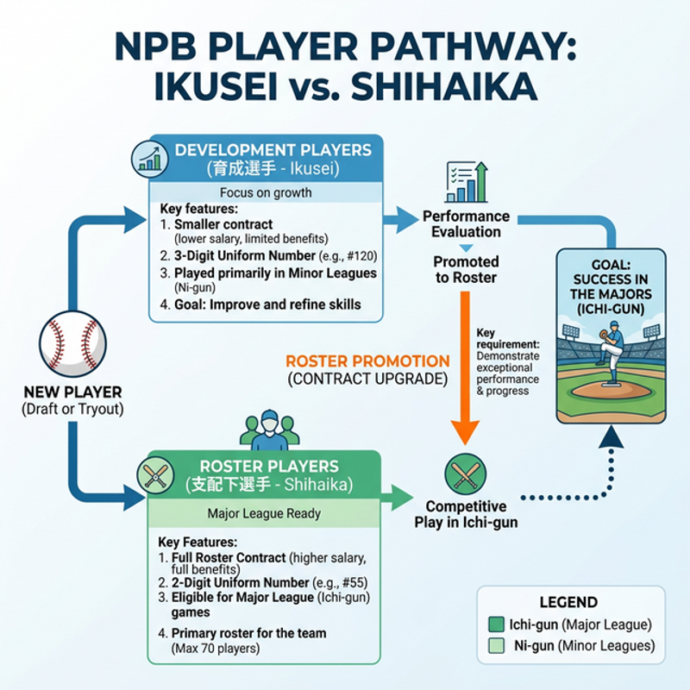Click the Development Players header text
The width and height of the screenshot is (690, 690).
[273, 149]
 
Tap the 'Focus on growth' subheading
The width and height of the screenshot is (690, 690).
[266, 192]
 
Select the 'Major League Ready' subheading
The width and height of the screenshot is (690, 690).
[264, 513]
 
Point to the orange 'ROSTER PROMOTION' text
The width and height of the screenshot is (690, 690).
[367, 361]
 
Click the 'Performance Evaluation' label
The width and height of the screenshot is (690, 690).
[466, 224]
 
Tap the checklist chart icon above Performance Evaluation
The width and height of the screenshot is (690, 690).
[466, 183]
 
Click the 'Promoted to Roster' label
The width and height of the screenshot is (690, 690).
[466, 269]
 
